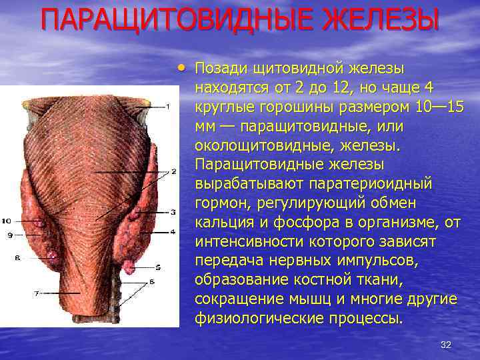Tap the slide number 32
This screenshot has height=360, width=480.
(x=446, y=345)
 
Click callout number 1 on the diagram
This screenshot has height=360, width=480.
(x=168, y=106)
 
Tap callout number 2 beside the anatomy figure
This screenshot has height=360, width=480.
(x=173, y=171)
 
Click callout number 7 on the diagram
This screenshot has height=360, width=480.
(x=37, y=293)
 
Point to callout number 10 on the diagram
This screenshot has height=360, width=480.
(x=6, y=221)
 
